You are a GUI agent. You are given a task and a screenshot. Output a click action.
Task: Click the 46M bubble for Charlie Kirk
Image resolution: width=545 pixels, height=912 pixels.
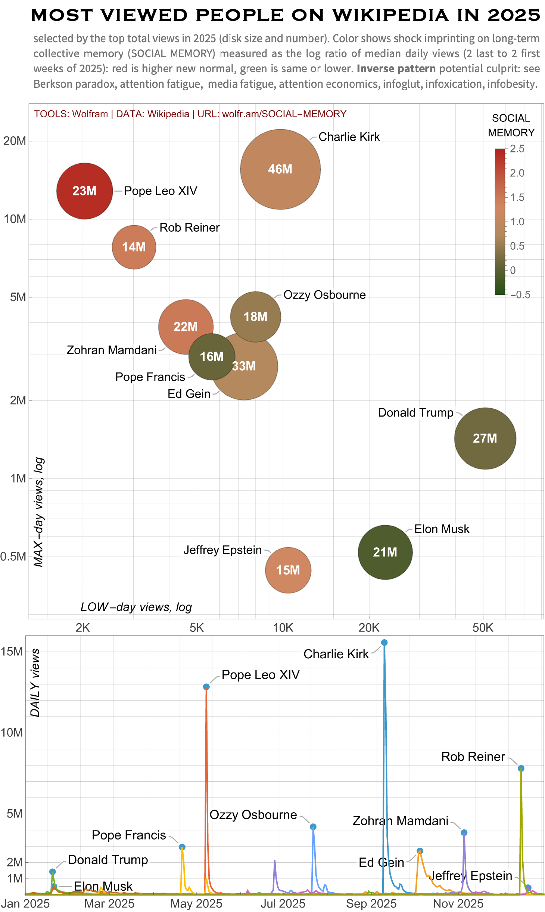coord(280,169)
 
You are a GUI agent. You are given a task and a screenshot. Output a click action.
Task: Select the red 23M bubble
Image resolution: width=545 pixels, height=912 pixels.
coord(84,191)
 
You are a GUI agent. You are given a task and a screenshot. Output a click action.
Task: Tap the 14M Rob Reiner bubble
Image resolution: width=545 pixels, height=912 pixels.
coord(134,247)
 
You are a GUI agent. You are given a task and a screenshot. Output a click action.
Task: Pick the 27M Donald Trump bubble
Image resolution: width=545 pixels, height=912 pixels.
coord(485,438)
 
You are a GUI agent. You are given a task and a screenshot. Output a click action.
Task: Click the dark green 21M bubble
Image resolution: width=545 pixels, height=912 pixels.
coord(385,552)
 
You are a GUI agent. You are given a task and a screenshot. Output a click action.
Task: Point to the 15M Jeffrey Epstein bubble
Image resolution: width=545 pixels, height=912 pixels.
coord(288,570)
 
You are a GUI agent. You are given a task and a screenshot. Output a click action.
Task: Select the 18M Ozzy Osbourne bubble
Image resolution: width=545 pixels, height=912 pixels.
coord(255,316)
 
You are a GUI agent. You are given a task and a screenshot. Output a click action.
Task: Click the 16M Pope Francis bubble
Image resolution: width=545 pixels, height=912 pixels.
coord(211,356)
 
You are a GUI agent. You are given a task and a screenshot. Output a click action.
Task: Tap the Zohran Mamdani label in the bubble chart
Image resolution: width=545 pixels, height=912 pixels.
coord(112,350)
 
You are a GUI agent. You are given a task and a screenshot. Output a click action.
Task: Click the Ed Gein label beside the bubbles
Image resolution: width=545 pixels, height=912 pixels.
coord(189,394)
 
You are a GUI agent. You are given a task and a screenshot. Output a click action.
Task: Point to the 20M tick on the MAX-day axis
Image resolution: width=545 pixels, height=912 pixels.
coord(15,141)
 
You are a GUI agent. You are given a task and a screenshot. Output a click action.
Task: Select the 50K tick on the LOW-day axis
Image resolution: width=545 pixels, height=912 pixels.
coord(483,628)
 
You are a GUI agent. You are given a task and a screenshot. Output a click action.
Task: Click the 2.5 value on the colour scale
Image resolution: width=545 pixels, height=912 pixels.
coord(517,149)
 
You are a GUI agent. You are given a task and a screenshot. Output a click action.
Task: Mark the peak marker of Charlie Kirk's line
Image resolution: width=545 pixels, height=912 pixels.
coord(384,643)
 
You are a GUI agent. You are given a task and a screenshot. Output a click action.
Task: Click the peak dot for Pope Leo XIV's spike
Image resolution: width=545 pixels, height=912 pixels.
coord(206,687)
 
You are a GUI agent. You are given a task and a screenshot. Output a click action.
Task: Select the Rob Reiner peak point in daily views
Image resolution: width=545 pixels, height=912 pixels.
coord(521,769)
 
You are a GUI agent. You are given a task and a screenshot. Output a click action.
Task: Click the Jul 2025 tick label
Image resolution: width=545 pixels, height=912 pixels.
coord(283,903)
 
